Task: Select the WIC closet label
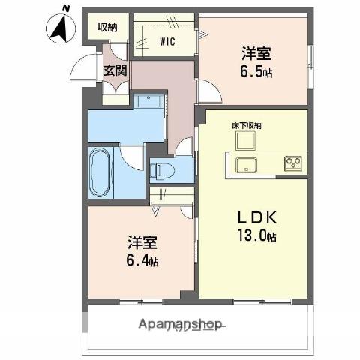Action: [166, 42]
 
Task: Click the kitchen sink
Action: [246, 163]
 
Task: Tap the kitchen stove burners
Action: [292, 163]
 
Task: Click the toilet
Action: [163, 172]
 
